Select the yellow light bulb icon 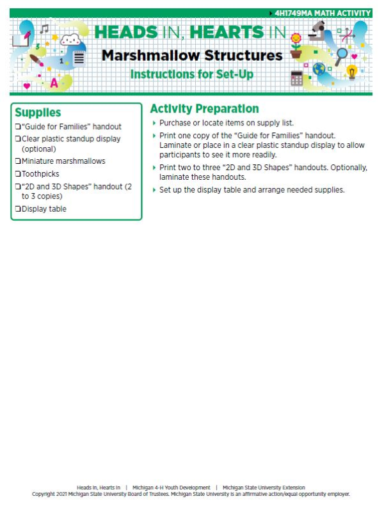pos(351,72)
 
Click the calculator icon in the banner pos(296,78)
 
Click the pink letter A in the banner pos(54,83)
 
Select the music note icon pos(44,29)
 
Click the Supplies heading pos(38,113)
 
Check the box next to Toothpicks pos(18,173)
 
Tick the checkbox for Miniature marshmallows pos(18,161)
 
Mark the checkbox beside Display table pos(18,209)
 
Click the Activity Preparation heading pos(204,109)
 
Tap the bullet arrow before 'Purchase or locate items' pos(154,123)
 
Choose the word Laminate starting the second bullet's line pos(175,145)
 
